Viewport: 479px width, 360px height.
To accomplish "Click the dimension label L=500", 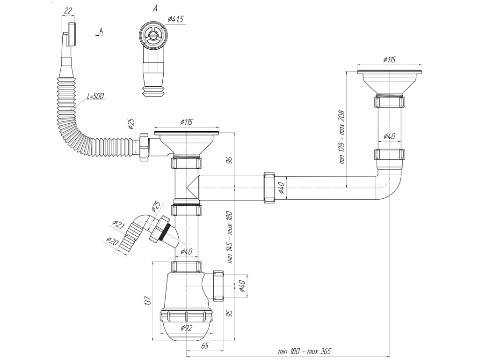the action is pyautogui.click(x=95, y=96).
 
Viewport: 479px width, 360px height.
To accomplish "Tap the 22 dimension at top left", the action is pyautogui.click(x=68, y=11).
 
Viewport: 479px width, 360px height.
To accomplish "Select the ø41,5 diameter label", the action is pyautogui.click(x=175, y=19).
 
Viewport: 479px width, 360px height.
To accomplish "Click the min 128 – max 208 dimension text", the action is pyautogui.click(x=342, y=137).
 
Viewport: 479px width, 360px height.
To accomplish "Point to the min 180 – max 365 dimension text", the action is pyautogui.click(x=304, y=351).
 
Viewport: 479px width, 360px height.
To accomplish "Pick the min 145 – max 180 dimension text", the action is pyautogui.click(x=230, y=237).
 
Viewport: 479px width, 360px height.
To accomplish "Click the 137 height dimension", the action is pyautogui.click(x=147, y=301).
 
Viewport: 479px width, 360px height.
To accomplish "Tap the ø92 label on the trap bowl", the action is pyautogui.click(x=186, y=328).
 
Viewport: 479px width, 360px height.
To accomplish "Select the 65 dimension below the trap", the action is pyautogui.click(x=205, y=345).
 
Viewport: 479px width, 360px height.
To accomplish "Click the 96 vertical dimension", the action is pyautogui.click(x=230, y=160).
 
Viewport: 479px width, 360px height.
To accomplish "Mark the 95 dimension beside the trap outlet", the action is pyautogui.click(x=230, y=313).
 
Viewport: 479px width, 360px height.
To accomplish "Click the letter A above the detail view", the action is pyautogui.click(x=155, y=8).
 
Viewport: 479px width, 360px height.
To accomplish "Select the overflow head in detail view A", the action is pyautogui.click(x=152, y=36).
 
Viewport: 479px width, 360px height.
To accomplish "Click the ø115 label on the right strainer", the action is pyautogui.click(x=389, y=60).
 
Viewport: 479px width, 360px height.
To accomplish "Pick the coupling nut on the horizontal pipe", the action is pyautogui.click(x=269, y=187).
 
